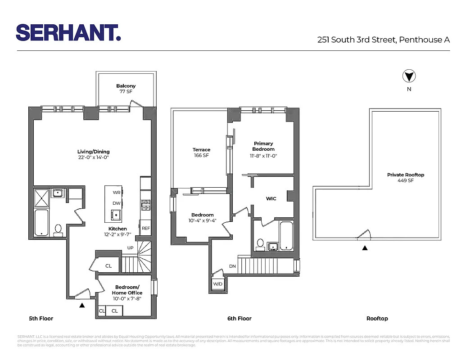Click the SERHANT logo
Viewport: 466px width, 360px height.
click(x=68, y=32)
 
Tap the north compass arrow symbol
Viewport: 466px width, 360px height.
click(x=409, y=76)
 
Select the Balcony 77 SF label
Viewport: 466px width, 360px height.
click(x=126, y=89)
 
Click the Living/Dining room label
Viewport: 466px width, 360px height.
click(x=93, y=154)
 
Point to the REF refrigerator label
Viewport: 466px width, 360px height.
click(x=146, y=228)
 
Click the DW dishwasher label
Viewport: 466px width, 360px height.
click(x=116, y=203)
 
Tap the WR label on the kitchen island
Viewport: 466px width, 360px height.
click(x=116, y=192)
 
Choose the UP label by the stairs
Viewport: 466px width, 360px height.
click(x=131, y=248)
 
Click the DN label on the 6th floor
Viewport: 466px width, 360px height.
click(x=232, y=266)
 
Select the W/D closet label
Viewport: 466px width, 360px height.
click(x=218, y=284)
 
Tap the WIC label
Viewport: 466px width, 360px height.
click(x=271, y=198)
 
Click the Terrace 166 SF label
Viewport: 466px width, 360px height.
click(x=201, y=153)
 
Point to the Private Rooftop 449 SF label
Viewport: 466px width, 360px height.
click(x=406, y=177)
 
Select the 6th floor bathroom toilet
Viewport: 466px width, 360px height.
click(x=260, y=243)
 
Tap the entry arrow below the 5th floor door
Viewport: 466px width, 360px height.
click(x=82, y=305)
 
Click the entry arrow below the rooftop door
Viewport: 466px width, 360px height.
click(x=365, y=247)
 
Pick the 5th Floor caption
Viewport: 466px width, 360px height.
click(x=41, y=319)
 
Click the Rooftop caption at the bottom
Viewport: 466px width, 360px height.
click(x=377, y=319)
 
